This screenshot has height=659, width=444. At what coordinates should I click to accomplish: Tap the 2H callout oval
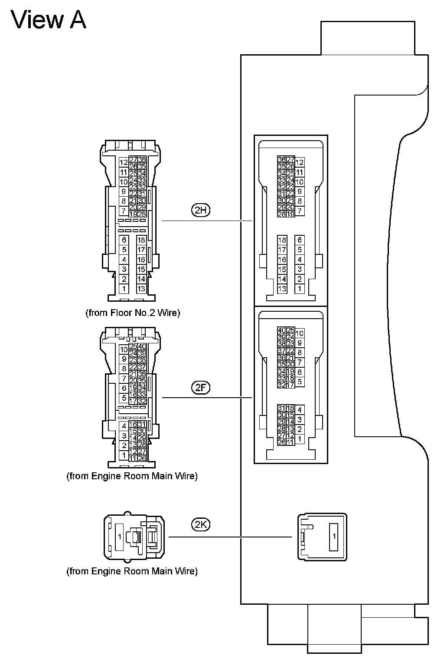coord(200,211)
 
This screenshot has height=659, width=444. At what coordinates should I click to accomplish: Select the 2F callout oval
coord(200,388)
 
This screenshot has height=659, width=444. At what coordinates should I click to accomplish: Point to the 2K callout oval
coord(200,524)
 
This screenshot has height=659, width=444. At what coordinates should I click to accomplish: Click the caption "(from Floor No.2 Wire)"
coord(133,313)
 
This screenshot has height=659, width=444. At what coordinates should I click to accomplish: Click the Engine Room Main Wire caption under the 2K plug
coord(132,571)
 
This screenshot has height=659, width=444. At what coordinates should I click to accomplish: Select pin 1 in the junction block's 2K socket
coord(334,537)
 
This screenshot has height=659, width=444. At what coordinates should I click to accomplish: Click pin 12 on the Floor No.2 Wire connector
coord(124,163)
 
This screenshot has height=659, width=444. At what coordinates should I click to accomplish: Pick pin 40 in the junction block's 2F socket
coord(281,331)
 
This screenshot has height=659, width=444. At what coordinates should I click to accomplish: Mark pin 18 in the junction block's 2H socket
coord(282,240)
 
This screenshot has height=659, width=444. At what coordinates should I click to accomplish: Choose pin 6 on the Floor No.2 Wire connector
coord(124,240)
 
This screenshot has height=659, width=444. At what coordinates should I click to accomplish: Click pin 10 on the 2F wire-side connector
coord(124,349)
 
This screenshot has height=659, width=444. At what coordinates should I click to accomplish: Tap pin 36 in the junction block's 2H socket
coord(281,160)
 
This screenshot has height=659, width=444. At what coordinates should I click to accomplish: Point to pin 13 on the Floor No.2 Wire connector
coord(141,289)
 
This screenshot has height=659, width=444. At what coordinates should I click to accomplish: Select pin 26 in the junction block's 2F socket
coord(281,442)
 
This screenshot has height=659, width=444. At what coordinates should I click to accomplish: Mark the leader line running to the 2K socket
coord(230,537)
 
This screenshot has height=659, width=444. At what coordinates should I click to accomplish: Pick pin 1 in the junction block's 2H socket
coord(299,289)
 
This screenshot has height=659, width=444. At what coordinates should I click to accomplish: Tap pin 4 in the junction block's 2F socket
coord(299,410)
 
